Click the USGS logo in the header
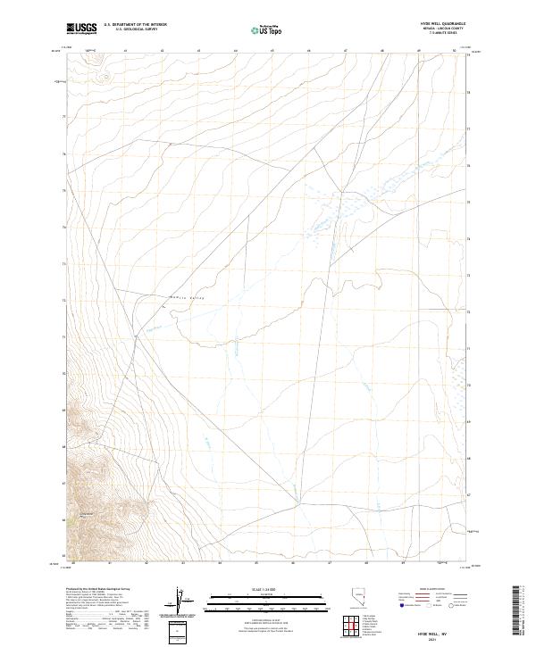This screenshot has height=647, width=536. (x=82, y=29)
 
